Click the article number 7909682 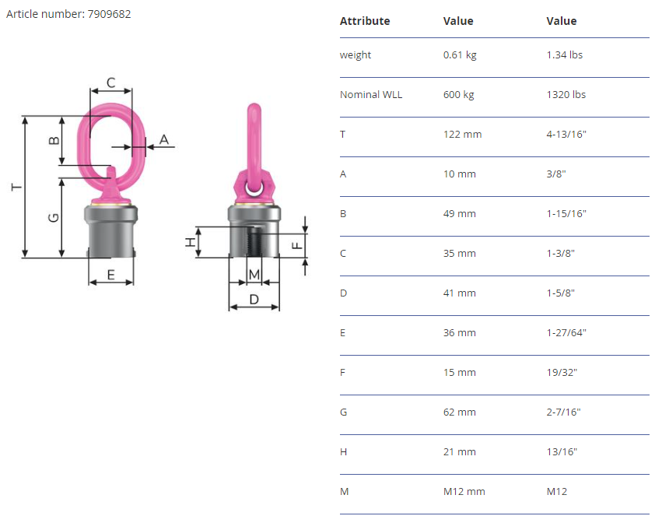point(109,14)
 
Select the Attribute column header point(365,21)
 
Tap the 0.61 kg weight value point(460,54)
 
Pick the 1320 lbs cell point(566,94)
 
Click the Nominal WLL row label point(371,94)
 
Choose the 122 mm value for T point(462,134)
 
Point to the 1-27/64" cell point(566,333)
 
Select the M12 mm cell point(464,492)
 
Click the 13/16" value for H point(562,452)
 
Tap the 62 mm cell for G point(460,412)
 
